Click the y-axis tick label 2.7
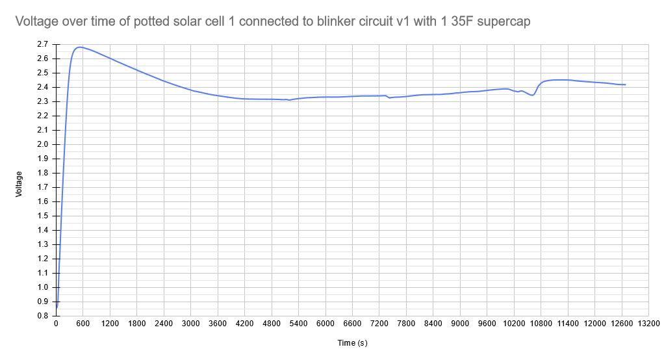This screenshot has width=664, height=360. click(43, 44)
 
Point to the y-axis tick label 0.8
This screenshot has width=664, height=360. click(43, 316)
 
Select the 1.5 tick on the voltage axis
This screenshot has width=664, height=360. click(43, 216)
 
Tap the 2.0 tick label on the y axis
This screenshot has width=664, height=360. click(43, 144)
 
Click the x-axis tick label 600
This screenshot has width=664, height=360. click(83, 324)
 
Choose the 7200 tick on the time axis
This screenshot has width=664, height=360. click(379, 324)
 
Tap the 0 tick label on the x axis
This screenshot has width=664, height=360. click(56, 324)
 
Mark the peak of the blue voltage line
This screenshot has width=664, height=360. click(80, 47)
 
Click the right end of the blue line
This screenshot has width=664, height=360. click(625, 84)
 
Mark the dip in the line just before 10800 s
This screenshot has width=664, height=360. click(532, 96)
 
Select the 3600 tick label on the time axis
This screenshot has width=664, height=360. click(218, 324)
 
